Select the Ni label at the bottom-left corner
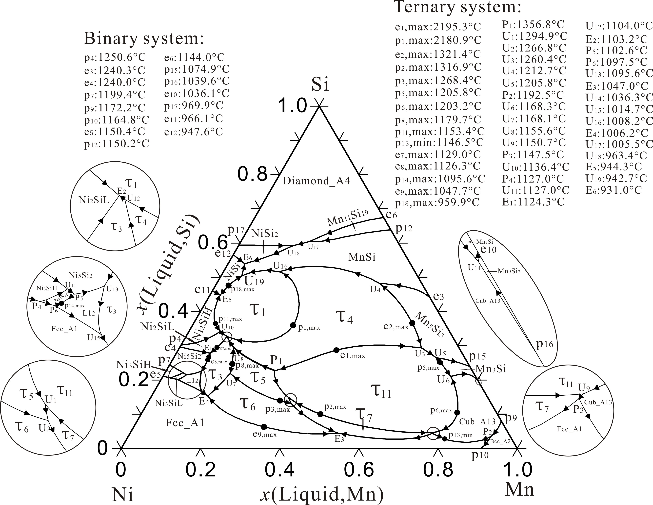(x=123, y=494)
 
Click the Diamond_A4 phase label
(x=317, y=181)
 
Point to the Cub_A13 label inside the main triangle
(x=477, y=422)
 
